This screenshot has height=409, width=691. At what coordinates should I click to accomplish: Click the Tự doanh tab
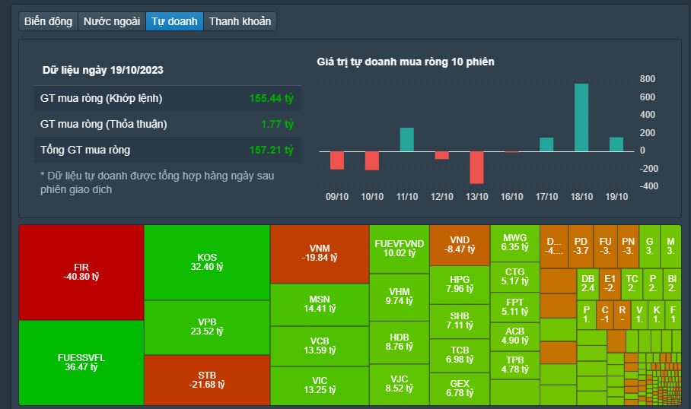(x=174, y=21)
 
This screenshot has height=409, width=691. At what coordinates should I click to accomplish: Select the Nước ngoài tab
(x=112, y=21)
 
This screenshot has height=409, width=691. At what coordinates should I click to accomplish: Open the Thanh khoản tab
(x=240, y=21)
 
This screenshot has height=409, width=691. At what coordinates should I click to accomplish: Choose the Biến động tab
(x=48, y=21)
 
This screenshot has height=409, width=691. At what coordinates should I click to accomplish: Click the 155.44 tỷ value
(x=271, y=98)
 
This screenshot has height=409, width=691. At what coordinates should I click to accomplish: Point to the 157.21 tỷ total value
(x=271, y=150)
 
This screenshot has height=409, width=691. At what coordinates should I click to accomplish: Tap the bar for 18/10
(x=581, y=117)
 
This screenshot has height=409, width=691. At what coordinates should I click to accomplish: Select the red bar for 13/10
(x=476, y=167)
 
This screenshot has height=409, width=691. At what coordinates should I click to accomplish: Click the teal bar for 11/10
(x=406, y=139)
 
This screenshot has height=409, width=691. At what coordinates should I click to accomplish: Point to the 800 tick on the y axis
(x=648, y=79)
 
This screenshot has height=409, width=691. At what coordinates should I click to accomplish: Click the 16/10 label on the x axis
(x=511, y=196)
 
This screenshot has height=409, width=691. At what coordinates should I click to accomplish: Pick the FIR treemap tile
(x=81, y=272)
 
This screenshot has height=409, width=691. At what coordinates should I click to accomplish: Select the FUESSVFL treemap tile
(x=81, y=363)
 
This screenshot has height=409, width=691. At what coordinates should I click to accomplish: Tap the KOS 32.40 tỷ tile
(x=206, y=262)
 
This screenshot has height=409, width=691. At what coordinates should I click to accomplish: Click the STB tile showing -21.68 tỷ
(x=206, y=379)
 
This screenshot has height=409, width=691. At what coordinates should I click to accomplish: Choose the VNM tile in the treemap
(x=319, y=253)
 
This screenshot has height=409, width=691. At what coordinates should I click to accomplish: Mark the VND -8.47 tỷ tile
(x=459, y=244)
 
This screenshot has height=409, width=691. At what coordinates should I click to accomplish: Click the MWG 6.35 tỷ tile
(x=514, y=243)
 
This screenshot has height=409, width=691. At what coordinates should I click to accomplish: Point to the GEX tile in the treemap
(x=459, y=388)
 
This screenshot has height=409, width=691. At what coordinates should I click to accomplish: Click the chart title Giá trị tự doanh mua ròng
(x=405, y=62)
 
